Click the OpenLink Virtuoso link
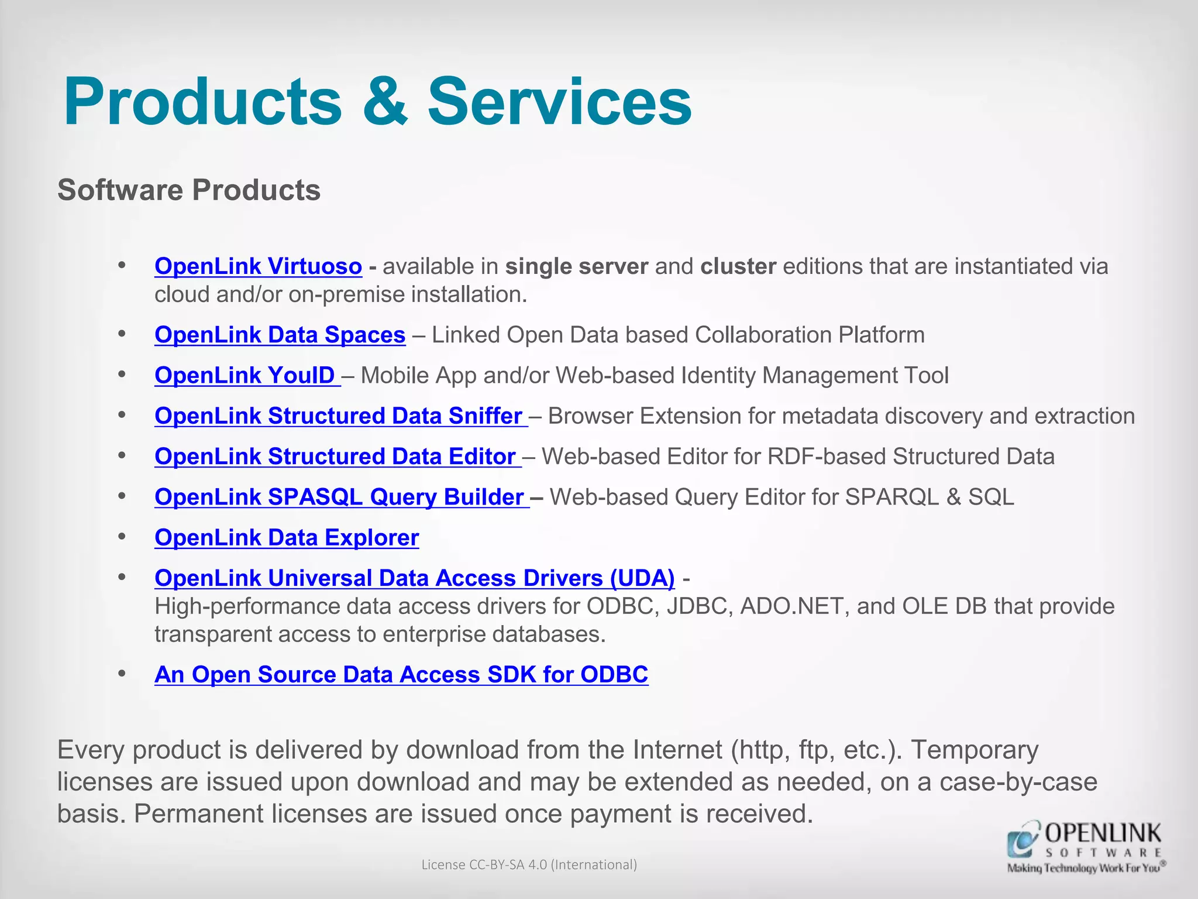[258, 266]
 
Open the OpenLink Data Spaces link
[280, 335]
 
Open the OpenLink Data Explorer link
[287, 537]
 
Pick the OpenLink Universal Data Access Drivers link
[414, 578]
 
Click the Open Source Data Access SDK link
[401, 674]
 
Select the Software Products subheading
[189, 190]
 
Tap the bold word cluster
[738, 266]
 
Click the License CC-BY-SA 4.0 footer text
[529, 864]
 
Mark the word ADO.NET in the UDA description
[795, 606]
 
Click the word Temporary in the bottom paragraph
[975, 750]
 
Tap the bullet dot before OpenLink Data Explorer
[122, 536]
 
